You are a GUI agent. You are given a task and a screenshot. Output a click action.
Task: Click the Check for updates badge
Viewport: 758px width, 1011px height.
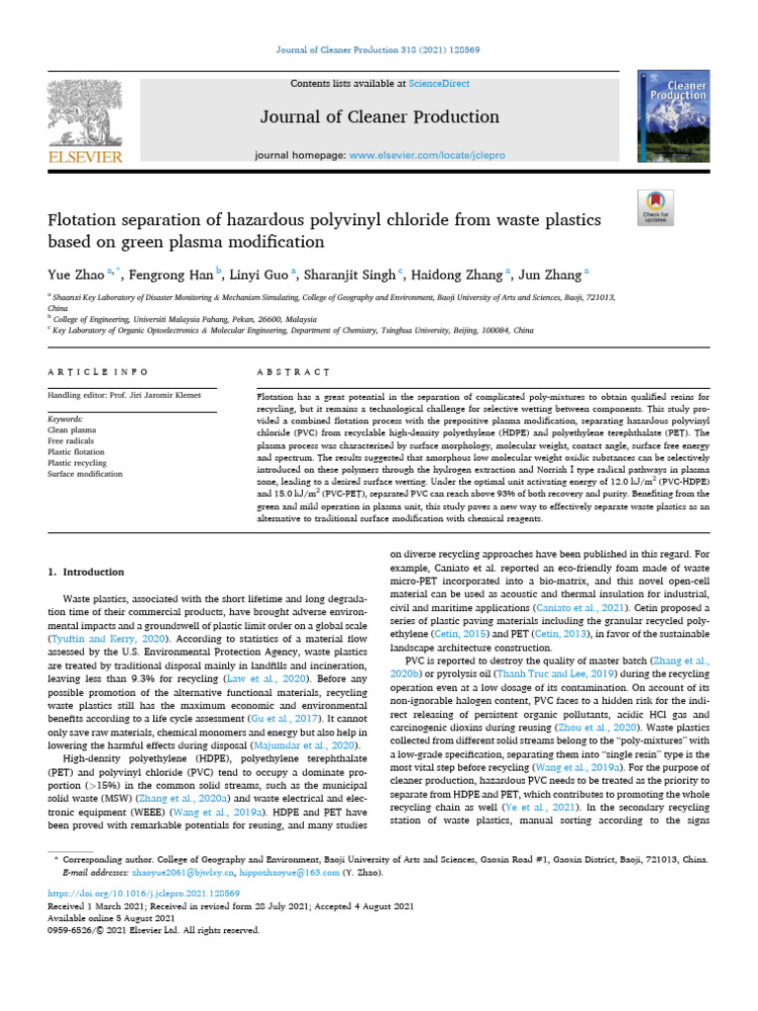click(656, 204)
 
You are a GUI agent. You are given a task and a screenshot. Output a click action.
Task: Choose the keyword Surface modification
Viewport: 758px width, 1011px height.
click(85, 474)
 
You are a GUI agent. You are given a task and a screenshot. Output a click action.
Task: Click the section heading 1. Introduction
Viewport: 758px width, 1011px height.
click(87, 572)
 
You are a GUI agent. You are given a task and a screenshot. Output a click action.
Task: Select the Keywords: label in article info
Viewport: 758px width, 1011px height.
click(65, 419)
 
